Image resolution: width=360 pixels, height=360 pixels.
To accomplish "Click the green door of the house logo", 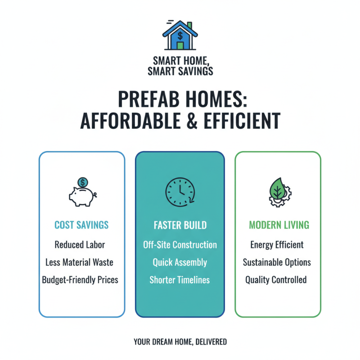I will [x=180, y=45].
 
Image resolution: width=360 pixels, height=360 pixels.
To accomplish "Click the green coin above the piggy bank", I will [x=82, y=182].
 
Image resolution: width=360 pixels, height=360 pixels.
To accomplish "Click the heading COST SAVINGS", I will [x=81, y=225].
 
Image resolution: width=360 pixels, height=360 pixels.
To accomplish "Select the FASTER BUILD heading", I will [x=180, y=225].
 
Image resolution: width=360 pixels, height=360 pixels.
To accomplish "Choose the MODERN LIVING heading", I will [x=279, y=225].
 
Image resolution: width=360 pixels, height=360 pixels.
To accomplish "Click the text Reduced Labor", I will [x=80, y=245].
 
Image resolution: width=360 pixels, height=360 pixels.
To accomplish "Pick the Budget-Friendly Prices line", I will [x=80, y=279].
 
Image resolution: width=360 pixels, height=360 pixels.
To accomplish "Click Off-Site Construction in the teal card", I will [x=180, y=245].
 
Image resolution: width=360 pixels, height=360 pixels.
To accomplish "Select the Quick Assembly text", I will [x=180, y=262].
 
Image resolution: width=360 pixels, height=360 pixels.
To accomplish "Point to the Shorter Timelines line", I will [x=180, y=279].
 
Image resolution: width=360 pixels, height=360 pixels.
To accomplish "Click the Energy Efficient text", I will [x=277, y=245].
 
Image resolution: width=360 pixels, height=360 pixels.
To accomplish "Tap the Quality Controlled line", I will [x=276, y=279].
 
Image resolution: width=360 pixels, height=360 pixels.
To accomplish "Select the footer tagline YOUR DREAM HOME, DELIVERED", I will [x=180, y=342].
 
